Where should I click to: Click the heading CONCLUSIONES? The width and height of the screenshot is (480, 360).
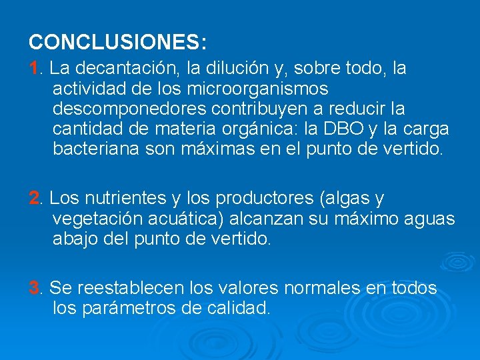[x=117, y=42]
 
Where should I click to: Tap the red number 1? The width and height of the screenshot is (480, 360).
[x=33, y=68]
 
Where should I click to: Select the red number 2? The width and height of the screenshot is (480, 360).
[x=34, y=199]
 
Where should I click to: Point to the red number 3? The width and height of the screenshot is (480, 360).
[x=34, y=289]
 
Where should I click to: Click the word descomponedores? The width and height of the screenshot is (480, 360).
[x=122, y=108]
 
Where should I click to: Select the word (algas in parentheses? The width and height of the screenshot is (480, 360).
[x=344, y=199]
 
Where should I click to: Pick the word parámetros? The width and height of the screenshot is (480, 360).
[x=129, y=309]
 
